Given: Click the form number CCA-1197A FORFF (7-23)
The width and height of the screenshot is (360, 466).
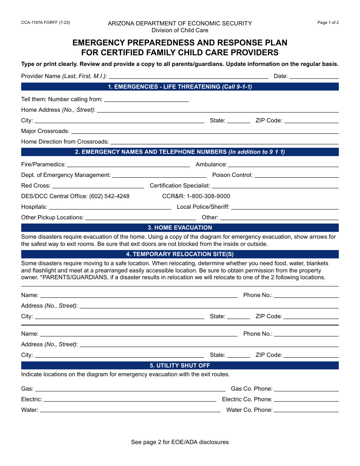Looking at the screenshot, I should tap(45, 23).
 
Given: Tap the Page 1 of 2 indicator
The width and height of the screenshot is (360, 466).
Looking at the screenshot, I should tap(328, 23).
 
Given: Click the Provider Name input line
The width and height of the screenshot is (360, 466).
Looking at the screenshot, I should tap(188, 76).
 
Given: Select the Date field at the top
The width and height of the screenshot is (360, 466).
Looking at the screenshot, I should tap(314, 76).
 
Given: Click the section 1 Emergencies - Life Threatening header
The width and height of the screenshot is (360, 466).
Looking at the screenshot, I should tap(180, 87).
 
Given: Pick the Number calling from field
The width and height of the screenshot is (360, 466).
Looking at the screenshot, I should tap(146, 99).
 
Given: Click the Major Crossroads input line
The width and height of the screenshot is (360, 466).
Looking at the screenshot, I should tap(205, 131).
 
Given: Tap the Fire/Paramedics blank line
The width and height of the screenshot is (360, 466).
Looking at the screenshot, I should tap(128, 164).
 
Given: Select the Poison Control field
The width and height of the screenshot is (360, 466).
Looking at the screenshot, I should tap(296, 175).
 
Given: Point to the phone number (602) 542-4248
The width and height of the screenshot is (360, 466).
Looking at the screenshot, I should tap(109, 196).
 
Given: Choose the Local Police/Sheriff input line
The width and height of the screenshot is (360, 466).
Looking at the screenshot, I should tap(285, 207).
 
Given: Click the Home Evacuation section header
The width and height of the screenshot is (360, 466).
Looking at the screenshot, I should tap(180, 228).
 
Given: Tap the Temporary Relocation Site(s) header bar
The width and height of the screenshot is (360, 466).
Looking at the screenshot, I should tap(180, 254).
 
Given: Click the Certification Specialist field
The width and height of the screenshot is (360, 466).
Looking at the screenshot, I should tap(275, 186).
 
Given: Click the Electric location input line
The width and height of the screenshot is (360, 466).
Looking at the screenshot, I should tap(130, 399).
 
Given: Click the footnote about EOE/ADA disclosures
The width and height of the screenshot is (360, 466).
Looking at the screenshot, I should tap(180, 442).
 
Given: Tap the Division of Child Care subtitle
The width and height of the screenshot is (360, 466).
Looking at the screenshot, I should tap(180, 30).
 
